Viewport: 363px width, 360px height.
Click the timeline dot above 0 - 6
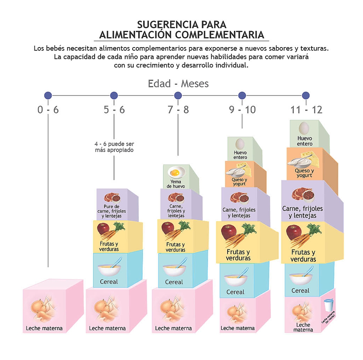tap(48, 95)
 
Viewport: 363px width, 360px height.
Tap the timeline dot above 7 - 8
tap(178, 95)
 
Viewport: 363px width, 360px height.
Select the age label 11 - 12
tap(306, 110)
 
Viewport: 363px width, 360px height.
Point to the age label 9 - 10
tap(242, 110)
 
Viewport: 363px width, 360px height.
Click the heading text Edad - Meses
tap(178, 84)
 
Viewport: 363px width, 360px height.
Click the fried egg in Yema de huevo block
tap(175, 173)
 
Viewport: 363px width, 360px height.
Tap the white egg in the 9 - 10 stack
tap(240, 144)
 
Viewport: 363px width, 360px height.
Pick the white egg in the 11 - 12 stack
tap(304, 128)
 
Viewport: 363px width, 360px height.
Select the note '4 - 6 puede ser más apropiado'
tap(114, 147)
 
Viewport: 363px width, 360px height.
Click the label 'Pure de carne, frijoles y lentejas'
tap(112, 211)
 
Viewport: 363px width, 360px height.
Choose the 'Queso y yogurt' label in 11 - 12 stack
tap(304, 173)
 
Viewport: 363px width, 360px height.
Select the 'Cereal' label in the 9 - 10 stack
tap(235, 292)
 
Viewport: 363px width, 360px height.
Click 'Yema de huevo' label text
tap(175, 184)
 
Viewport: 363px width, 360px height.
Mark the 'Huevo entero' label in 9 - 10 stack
tap(240, 155)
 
